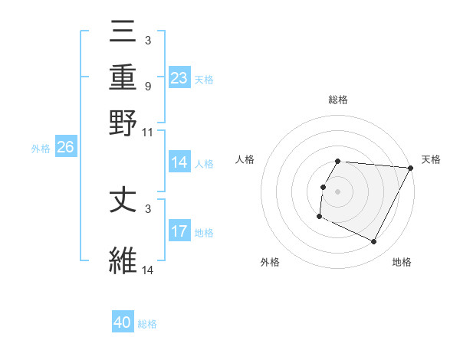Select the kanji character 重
(x=123, y=78)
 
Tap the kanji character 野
(x=123, y=122)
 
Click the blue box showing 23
(x=179, y=78)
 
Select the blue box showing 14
(x=179, y=162)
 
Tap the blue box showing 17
(x=179, y=231)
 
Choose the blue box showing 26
(x=65, y=148)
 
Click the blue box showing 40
(x=123, y=322)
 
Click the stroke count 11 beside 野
(x=148, y=133)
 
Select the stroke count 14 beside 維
(x=148, y=270)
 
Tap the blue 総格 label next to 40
(x=147, y=324)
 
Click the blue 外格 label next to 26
(x=41, y=149)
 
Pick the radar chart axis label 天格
(x=431, y=159)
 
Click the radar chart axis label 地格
(x=402, y=262)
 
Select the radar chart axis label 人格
(x=245, y=159)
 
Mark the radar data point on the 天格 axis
(x=411, y=168)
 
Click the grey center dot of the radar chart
(x=338, y=191)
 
